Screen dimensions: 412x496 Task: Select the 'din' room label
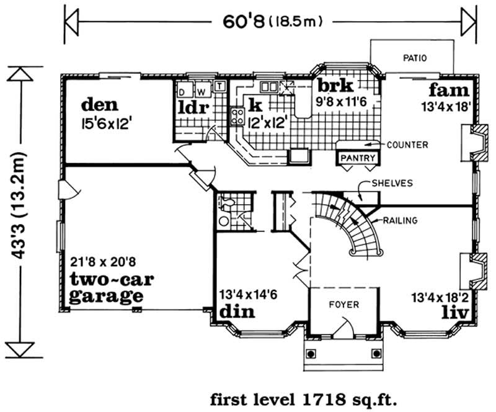237,310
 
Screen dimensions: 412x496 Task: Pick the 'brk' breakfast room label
335,84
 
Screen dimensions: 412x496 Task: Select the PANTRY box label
358,158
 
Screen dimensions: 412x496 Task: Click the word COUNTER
407,145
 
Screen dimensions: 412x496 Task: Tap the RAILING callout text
400,220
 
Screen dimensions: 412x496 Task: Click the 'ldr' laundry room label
192,107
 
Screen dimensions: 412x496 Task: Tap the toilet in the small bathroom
227,202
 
